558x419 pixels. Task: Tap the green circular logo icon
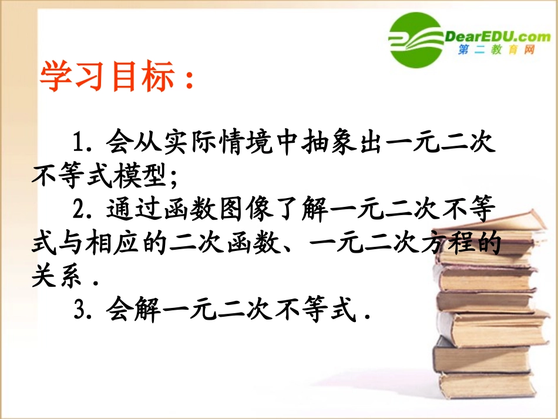point(415,39)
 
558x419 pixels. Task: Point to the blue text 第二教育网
point(497,52)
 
